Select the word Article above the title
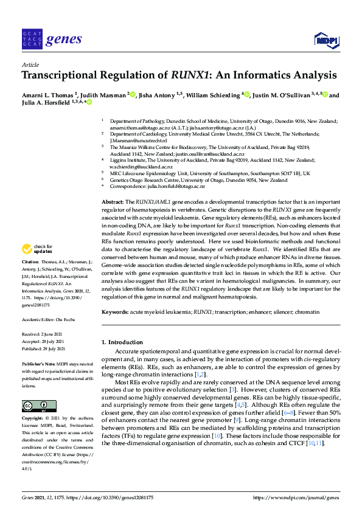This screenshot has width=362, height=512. click(30, 64)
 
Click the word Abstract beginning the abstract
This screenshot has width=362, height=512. click(113, 201)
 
